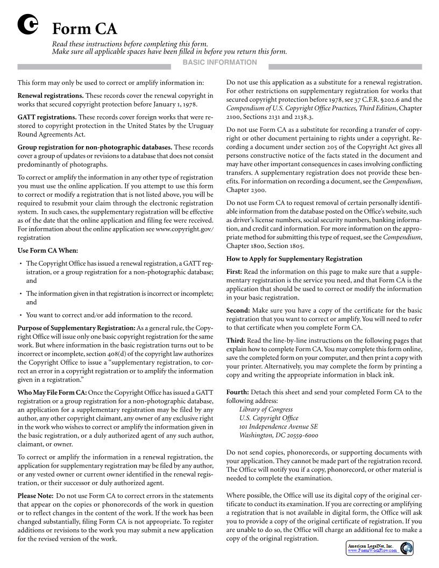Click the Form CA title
[84, 29]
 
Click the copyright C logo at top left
[27, 25]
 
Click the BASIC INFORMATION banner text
[219, 62]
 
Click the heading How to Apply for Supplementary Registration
[294, 259]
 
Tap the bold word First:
[234, 272]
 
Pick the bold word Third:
[236, 340]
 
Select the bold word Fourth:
[237, 392]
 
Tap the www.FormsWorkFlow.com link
[372, 551]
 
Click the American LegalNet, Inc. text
[371, 546]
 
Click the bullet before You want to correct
[20, 315]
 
